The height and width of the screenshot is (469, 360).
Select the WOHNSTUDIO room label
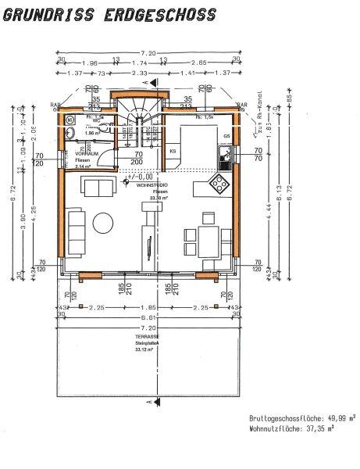pos(151,185)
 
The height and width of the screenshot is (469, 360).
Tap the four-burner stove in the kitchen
pos(219,184)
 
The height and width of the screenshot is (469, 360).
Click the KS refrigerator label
pos(173,149)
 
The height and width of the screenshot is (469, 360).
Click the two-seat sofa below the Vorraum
pos(100,188)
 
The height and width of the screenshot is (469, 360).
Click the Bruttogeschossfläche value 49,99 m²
pos(337,418)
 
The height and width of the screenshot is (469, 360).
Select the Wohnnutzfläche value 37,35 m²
pos(337,428)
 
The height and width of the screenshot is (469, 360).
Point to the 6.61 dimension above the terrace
pos(148,320)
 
